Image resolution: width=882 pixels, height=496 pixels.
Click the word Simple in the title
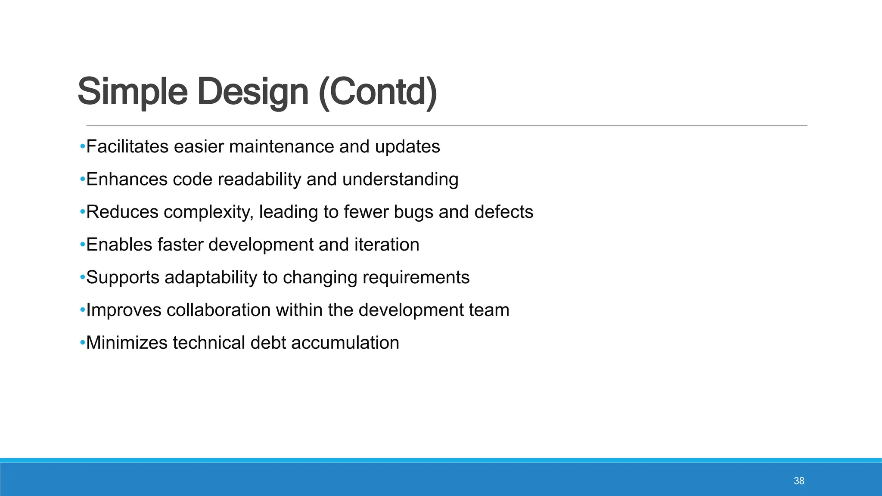click(x=132, y=92)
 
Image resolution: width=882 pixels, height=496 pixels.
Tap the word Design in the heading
click(x=253, y=92)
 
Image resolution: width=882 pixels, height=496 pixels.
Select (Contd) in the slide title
click(x=378, y=92)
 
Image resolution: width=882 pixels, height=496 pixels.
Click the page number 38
click(x=799, y=481)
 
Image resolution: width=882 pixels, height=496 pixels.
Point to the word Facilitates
click(x=127, y=147)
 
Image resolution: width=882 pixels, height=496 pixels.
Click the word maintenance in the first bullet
click(x=282, y=147)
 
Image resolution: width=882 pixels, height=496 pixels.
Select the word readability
click(x=259, y=180)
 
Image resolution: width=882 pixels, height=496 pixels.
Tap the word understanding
click(x=400, y=180)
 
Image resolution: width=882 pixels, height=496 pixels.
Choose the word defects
click(x=503, y=212)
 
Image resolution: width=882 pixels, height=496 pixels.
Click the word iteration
click(x=387, y=245)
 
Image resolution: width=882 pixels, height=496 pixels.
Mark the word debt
click(x=268, y=343)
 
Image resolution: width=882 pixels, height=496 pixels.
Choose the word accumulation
click(x=345, y=343)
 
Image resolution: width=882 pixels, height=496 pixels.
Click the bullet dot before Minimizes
click(x=82, y=343)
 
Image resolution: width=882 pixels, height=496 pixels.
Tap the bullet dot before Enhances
click(x=82, y=180)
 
